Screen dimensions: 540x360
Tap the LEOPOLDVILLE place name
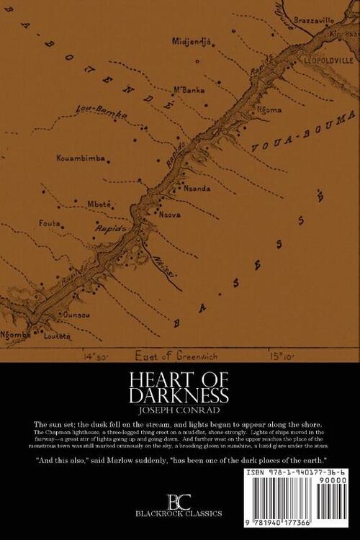326,60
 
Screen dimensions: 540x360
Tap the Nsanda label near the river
197,188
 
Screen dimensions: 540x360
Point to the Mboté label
99,204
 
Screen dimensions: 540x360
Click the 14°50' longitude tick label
99,354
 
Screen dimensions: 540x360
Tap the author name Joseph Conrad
180,413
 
